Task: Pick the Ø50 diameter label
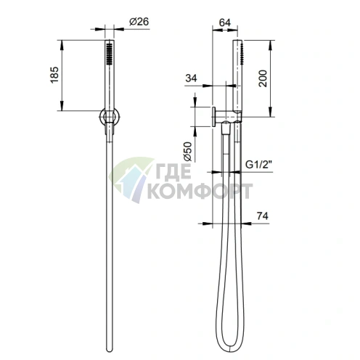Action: click(x=187, y=151)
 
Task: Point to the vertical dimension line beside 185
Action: click(x=65, y=73)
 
